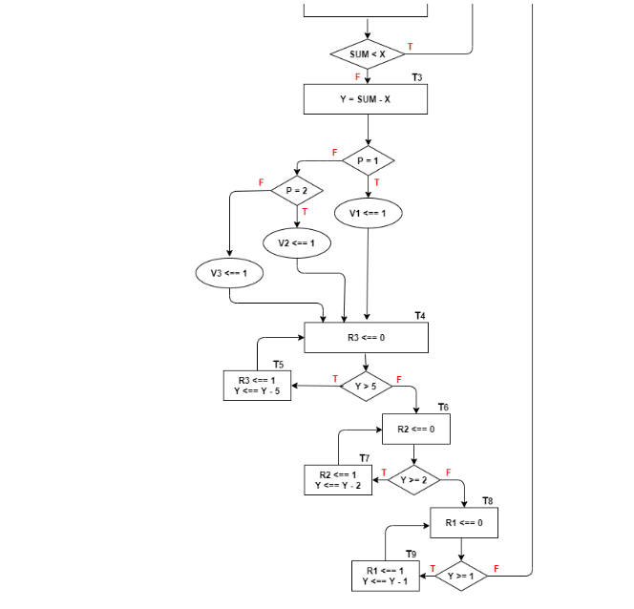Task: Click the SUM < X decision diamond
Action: pos(368,54)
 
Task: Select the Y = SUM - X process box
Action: pos(366,99)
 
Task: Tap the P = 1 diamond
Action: pos(368,160)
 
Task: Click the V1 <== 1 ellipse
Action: pos(369,213)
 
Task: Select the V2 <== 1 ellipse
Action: pos(297,243)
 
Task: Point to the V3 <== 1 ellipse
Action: pos(230,273)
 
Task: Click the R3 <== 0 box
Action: pos(366,337)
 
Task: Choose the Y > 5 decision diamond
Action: pos(366,387)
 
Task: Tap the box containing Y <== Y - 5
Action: pos(257,386)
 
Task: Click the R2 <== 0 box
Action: pos(415,430)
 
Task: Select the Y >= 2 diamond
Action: pos(413,478)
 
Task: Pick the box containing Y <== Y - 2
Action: pos(339,479)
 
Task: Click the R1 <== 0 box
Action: pos(464,523)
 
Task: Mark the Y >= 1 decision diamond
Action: pos(461,576)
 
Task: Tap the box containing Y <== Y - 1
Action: pos(386,576)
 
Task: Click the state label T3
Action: pos(417,76)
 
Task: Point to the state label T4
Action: pos(420,315)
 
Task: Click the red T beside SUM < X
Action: pos(411,46)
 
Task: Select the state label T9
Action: pos(411,554)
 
